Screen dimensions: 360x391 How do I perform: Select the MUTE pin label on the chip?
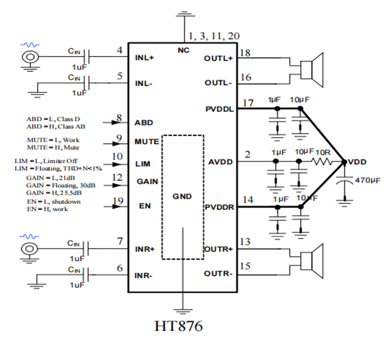pyautogui.click(x=146, y=141)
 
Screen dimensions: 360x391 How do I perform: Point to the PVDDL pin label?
pyautogui.click(x=218, y=108)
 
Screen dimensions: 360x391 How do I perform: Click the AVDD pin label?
pyautogui.click(x=221, y=162)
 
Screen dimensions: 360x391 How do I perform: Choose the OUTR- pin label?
pyautogui.click(x=218, y=273)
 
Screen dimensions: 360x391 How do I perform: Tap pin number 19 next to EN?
pyautogui.click(x=117, y=201)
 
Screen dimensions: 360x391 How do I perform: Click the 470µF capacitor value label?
pyautogui.click(x=367, y=181)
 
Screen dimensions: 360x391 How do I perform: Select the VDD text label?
pyautogui.click(x=356, y=162)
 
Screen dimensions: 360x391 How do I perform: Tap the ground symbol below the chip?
pyautogui.click(x=184, y=310)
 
